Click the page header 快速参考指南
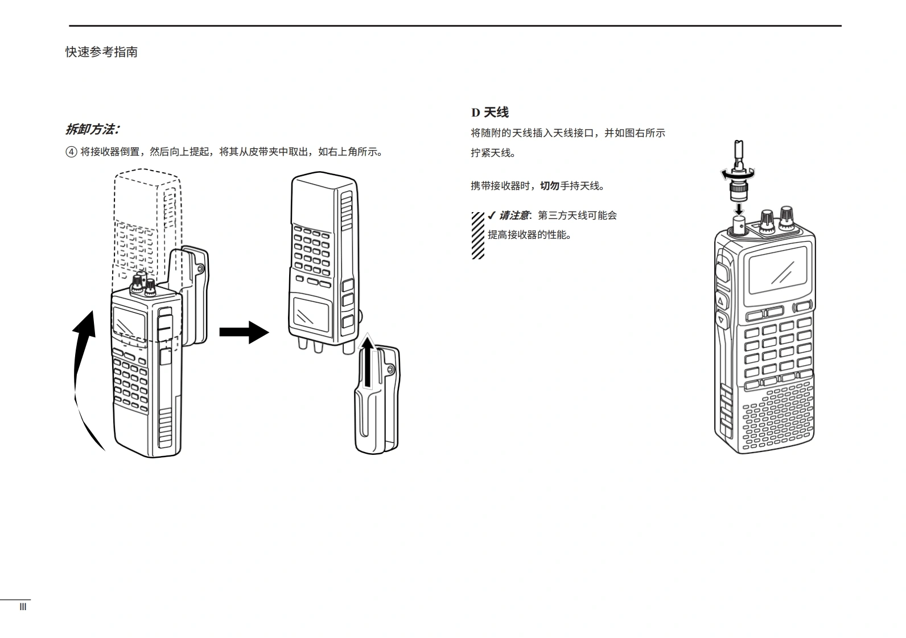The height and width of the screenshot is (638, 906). coord(101,52)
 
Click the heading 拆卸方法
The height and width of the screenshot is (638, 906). coord(92,130)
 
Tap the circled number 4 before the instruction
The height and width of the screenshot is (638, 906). coord(71,152)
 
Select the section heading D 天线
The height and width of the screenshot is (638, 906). coord(489,113)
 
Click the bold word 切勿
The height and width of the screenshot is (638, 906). coord(549,186)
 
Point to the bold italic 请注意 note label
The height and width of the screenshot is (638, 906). coord(514,216)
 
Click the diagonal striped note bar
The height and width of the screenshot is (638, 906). coord(477,235)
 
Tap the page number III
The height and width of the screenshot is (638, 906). coord(23,607)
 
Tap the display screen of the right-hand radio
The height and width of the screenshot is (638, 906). coord(779,271)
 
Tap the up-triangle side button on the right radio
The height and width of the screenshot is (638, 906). coord(721,300)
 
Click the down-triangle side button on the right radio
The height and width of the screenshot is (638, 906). coord(721,320)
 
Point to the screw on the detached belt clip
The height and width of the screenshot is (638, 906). coord(391,370)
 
